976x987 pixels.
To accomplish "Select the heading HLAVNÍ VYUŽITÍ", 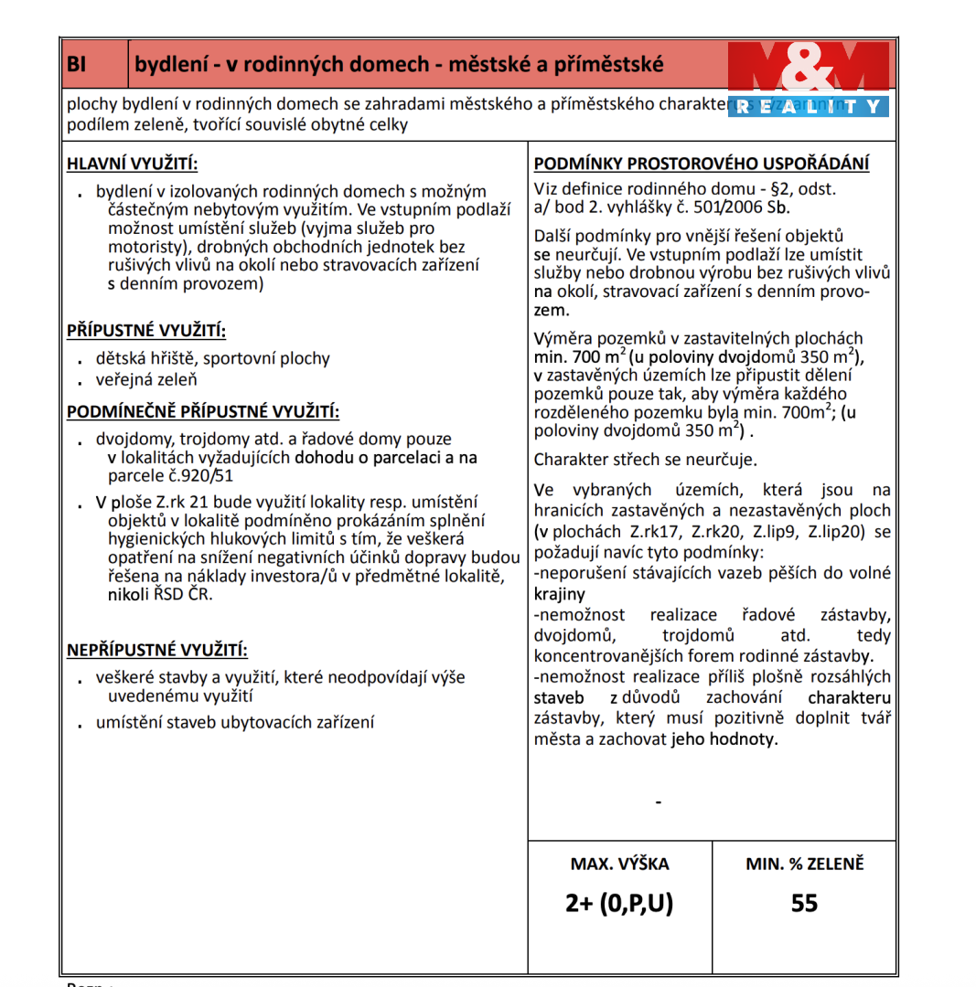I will point(132,164).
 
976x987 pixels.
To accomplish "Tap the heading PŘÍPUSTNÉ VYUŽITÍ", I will point(146,330).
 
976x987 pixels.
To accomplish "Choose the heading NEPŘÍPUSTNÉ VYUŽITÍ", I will point(157,651).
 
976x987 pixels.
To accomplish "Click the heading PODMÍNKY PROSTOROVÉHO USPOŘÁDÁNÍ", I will point(702,164).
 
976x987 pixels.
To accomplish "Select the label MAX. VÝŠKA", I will point(619,864).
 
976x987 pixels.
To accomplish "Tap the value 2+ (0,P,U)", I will point(619,904).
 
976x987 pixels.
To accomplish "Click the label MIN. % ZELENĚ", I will point(804,864).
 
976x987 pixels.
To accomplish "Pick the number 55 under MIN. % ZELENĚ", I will point(804,904).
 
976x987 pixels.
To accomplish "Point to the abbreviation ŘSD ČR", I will point(181,595).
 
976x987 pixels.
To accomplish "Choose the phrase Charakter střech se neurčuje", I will point(646,460).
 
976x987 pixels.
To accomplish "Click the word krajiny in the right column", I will point(559,594).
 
